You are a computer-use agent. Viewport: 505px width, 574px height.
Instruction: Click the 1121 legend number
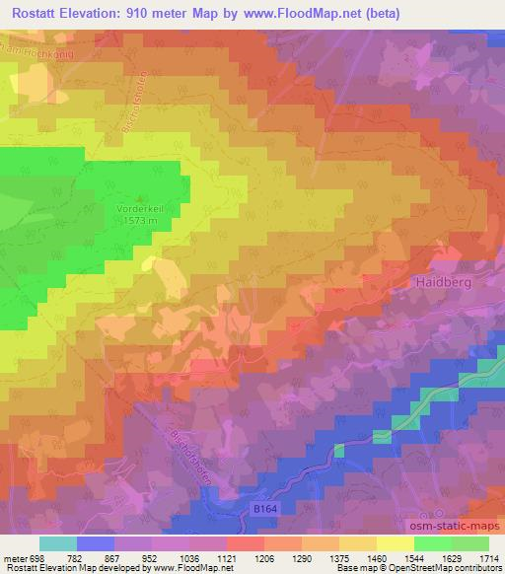227,558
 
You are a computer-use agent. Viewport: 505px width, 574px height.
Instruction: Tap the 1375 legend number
339,558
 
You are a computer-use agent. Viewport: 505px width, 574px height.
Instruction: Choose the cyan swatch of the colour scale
58,543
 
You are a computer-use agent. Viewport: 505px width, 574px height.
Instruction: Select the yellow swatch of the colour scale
396,543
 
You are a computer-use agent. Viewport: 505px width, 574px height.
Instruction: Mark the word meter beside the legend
15,558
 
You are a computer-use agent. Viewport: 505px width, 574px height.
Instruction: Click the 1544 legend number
414,558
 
